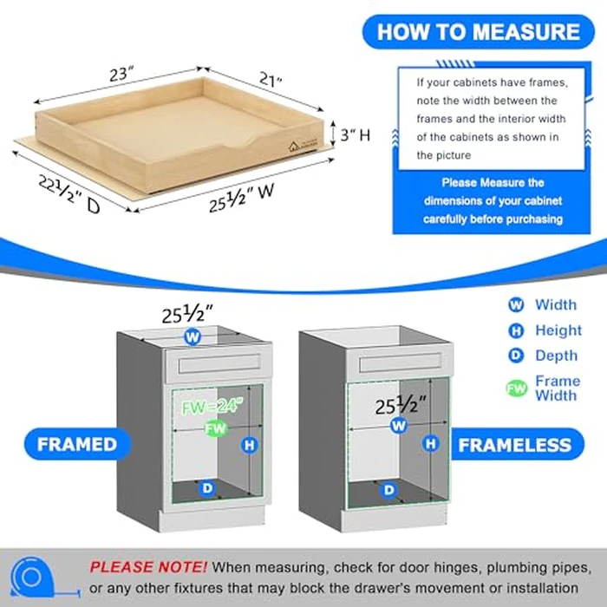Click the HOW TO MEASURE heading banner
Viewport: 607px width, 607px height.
click(x=478, y=32)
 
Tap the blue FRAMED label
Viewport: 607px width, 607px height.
click(x=77, y=444)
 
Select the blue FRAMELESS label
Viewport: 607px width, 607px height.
click(x=515, y=446)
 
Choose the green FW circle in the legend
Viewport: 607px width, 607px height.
click(x=516, y=388)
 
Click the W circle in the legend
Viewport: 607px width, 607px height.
click(x=516, y=305)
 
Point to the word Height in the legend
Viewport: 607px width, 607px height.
click(x=558, y=330)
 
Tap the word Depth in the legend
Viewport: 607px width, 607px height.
click(x=556, y=356)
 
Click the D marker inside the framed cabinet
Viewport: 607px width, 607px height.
click(x=207, y=487)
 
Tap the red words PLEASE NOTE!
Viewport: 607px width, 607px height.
click(x=148, y=567)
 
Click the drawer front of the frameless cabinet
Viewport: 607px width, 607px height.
click(x=398, y=362)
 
